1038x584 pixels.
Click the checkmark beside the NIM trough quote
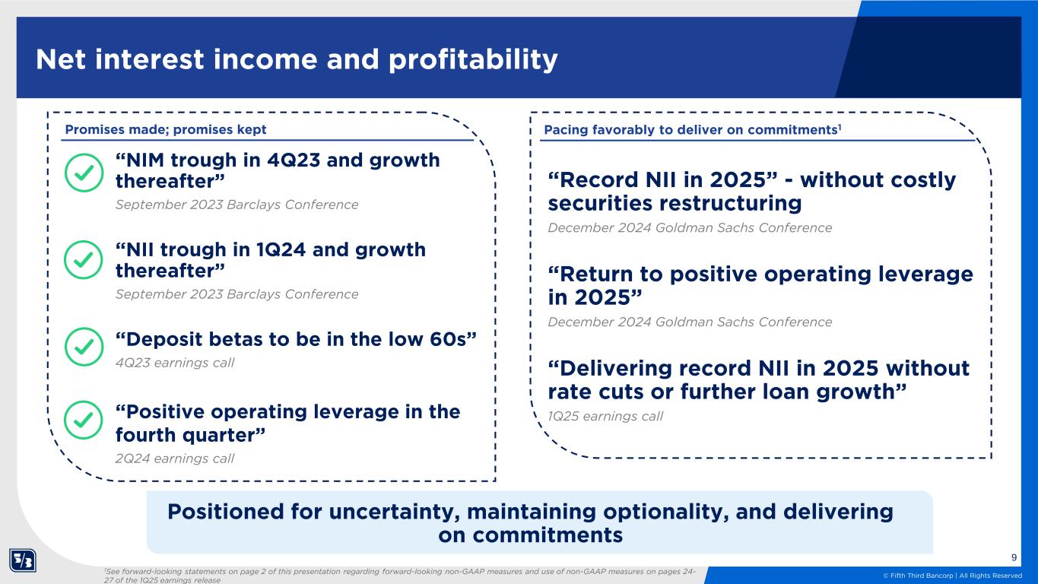tap(84, 173)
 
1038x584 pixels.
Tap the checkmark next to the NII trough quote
tap(84, 260)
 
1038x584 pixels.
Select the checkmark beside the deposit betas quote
tap(84, 347)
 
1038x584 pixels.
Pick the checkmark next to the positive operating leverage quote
tap(84, 420)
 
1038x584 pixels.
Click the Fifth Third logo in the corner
tap(22, 560)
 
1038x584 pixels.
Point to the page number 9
tap(1014, 557)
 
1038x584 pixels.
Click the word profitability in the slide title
tap(473, 60)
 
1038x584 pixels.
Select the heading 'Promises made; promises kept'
tap(166, 129)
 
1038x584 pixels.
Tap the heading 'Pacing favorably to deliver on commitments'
tap(692, 130)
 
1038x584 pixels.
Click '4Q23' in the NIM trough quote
tap(294, 160)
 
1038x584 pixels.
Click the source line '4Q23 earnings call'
tap(175, 363)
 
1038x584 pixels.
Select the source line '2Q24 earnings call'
tap(175, 459)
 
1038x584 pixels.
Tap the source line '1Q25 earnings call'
tap(605, 416)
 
